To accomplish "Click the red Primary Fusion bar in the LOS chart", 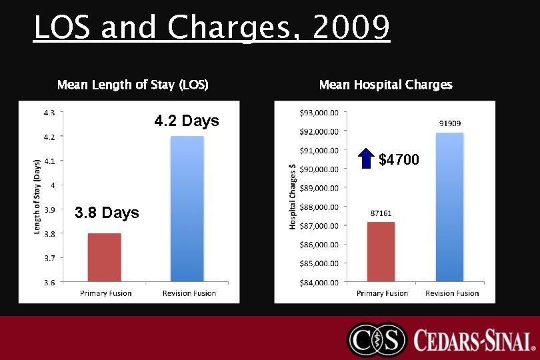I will (x=104, y=257).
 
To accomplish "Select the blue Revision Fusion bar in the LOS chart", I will (x=187, y=208).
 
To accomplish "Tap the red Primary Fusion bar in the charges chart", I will (x=381, y=252).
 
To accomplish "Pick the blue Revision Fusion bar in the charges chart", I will (x=449, y=207).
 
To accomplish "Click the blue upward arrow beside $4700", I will (x=365, y=159).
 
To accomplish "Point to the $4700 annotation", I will (x=399, y=159).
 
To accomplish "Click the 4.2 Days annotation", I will (x=187, y=121).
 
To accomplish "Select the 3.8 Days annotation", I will (x=107, y=213).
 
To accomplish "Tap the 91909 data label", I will (x=450, y=123).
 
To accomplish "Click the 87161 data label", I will (x=381, y=213).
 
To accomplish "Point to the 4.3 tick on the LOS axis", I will (x=49, y=112).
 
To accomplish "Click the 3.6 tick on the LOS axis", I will (x=49, y=282).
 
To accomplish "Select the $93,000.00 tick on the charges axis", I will (x=319, y=112).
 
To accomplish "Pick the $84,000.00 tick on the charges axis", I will (x=319, y=282).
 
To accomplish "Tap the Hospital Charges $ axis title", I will (x=292, y=197).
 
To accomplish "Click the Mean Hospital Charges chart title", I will (x=385, y=85).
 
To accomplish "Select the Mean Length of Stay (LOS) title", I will (x=133, y=85).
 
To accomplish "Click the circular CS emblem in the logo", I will (x=377, y=340).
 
